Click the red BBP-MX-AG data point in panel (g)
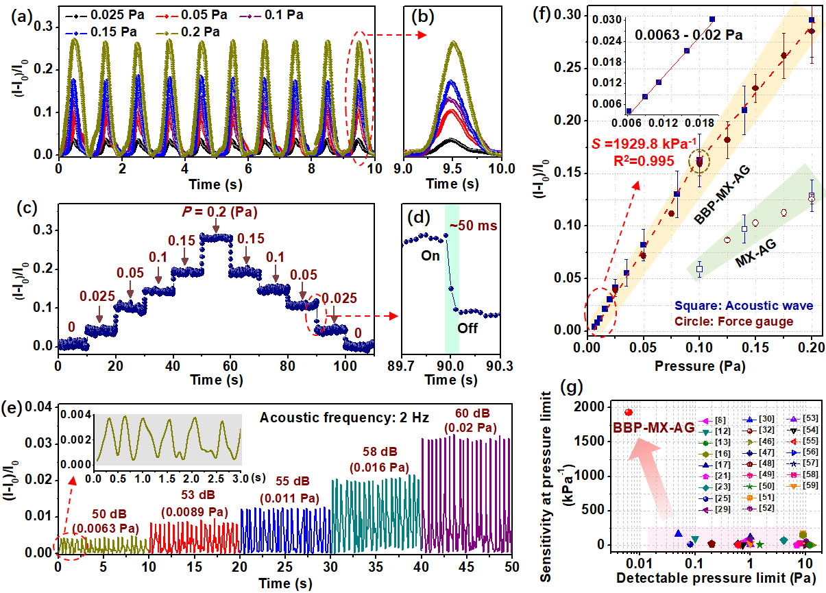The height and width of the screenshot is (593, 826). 629,412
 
